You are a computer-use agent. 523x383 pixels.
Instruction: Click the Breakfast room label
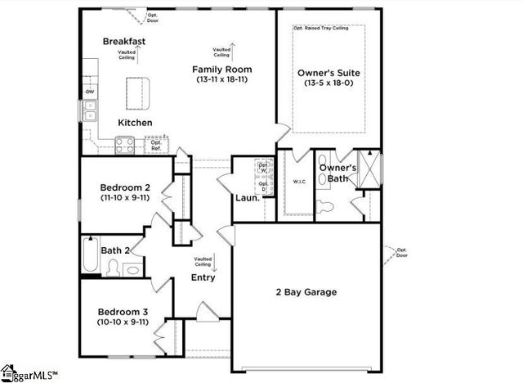(124, 41)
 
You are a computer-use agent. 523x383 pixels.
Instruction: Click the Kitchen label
(135, 122)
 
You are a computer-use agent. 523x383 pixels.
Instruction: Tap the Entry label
(203, 277)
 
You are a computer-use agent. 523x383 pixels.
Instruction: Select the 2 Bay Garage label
(305, 291)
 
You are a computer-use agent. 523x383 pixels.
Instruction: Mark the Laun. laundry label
(248, 197)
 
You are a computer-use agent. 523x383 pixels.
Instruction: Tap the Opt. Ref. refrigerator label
(155, 145)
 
